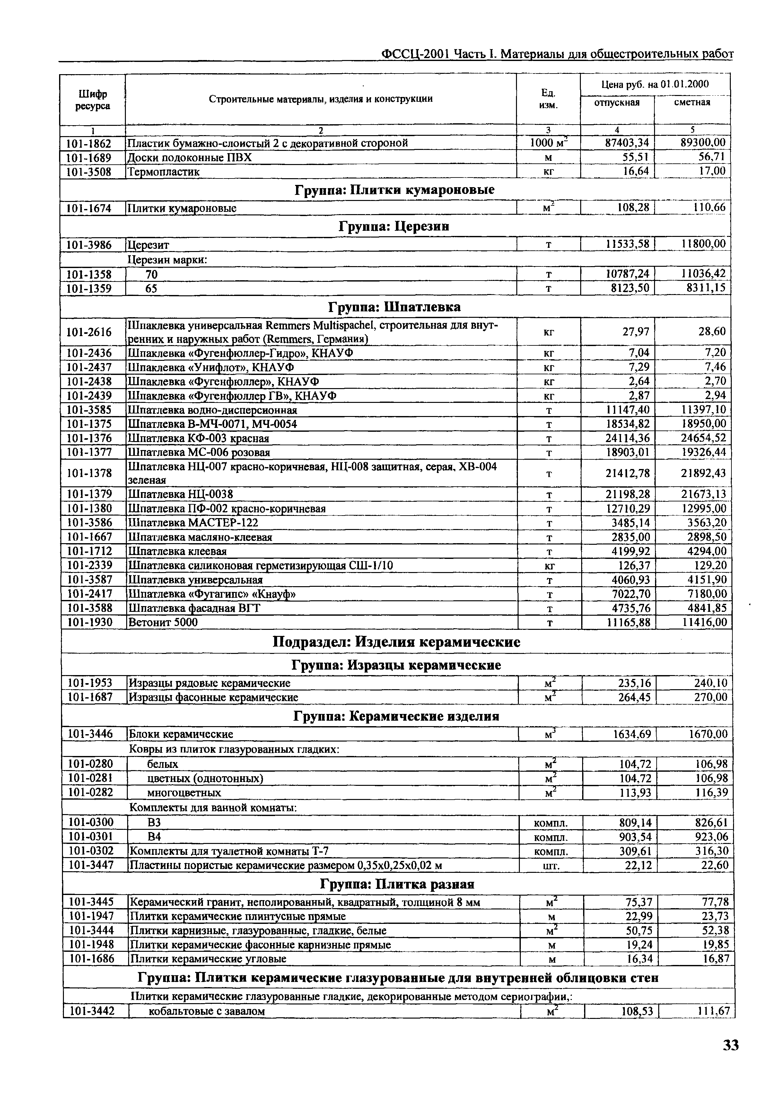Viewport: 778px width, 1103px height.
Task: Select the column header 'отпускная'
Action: [x=617, y=102]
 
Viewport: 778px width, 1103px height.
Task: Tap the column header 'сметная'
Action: [x=692, y=102]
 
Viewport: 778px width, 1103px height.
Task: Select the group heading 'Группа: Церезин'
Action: [x=394, y=226]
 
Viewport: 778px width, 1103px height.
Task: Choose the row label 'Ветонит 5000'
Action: [x=163, y=622]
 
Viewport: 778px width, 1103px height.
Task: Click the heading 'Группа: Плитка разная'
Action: [x=397, y=884]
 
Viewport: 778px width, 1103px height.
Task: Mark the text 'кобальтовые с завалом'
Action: [x=207, y=1011]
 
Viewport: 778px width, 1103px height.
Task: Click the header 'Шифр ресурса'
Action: [x=92, y=100]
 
